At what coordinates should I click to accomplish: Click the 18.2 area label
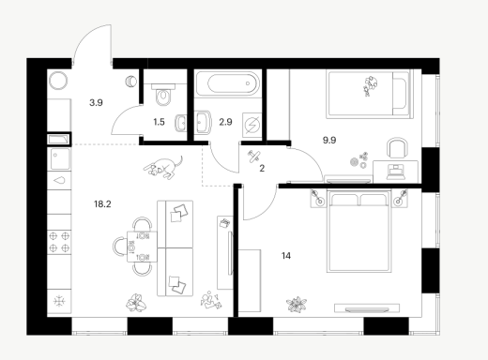102,204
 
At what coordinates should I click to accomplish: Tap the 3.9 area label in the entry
96,102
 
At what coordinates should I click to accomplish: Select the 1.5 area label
159,122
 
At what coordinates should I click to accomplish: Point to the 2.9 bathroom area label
225,122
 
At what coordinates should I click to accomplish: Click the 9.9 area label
329,140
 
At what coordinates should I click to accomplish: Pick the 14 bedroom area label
286,256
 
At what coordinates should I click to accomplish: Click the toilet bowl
163,95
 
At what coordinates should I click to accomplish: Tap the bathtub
228,83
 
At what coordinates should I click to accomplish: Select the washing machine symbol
252,125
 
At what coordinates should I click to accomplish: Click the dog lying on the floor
163,167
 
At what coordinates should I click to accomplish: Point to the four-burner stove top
59,242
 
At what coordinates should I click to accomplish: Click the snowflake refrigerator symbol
59,301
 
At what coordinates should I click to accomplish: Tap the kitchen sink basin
60,158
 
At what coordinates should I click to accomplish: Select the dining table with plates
142,247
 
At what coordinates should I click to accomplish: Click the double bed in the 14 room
358,231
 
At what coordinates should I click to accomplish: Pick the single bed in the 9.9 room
369,94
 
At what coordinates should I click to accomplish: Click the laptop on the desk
396,172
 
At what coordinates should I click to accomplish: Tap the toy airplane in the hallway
253,157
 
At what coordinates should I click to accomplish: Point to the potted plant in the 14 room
297,305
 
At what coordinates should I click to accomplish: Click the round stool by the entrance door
58,81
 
